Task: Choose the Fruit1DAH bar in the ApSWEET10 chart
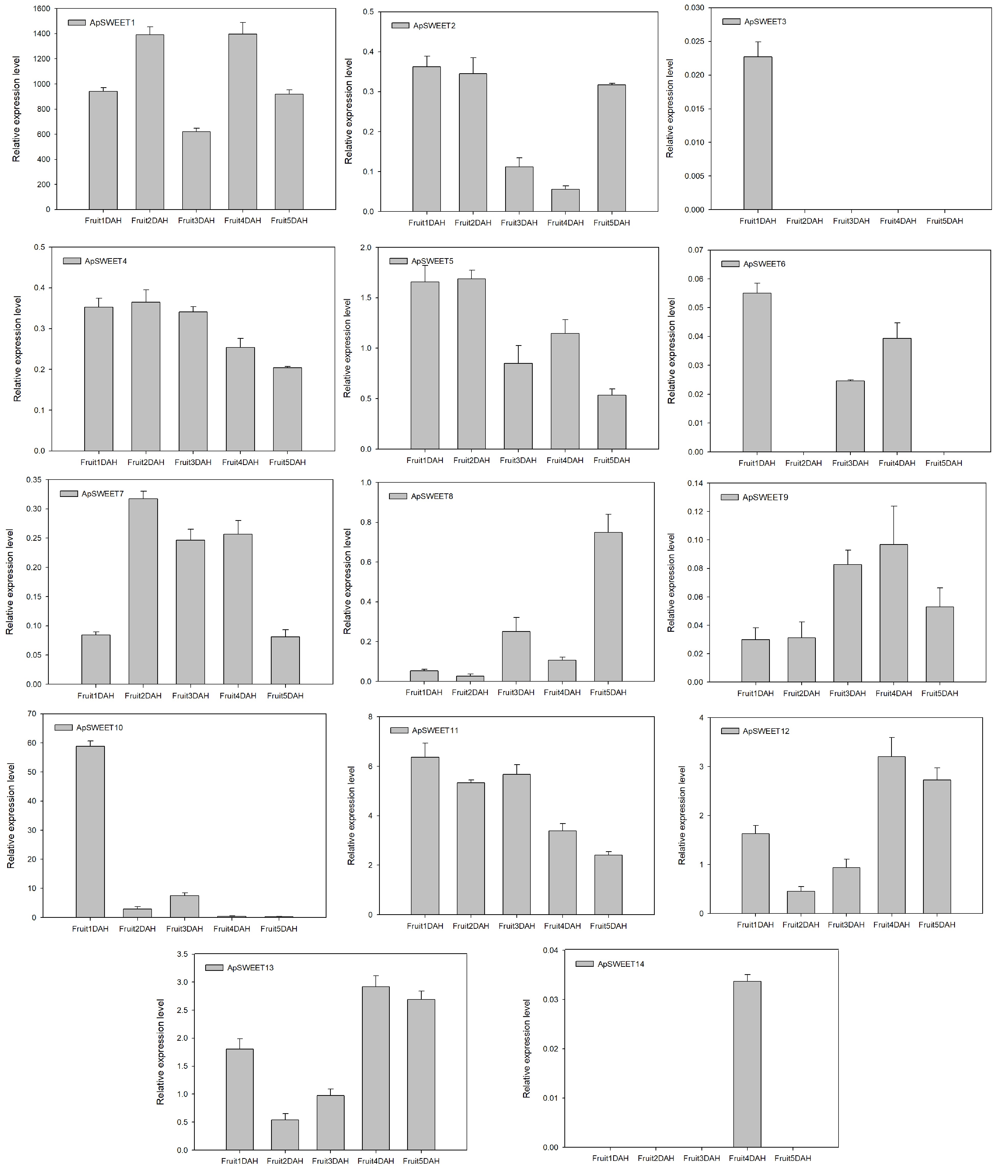(90, 832)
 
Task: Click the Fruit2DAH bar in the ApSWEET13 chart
(285, 1134)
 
